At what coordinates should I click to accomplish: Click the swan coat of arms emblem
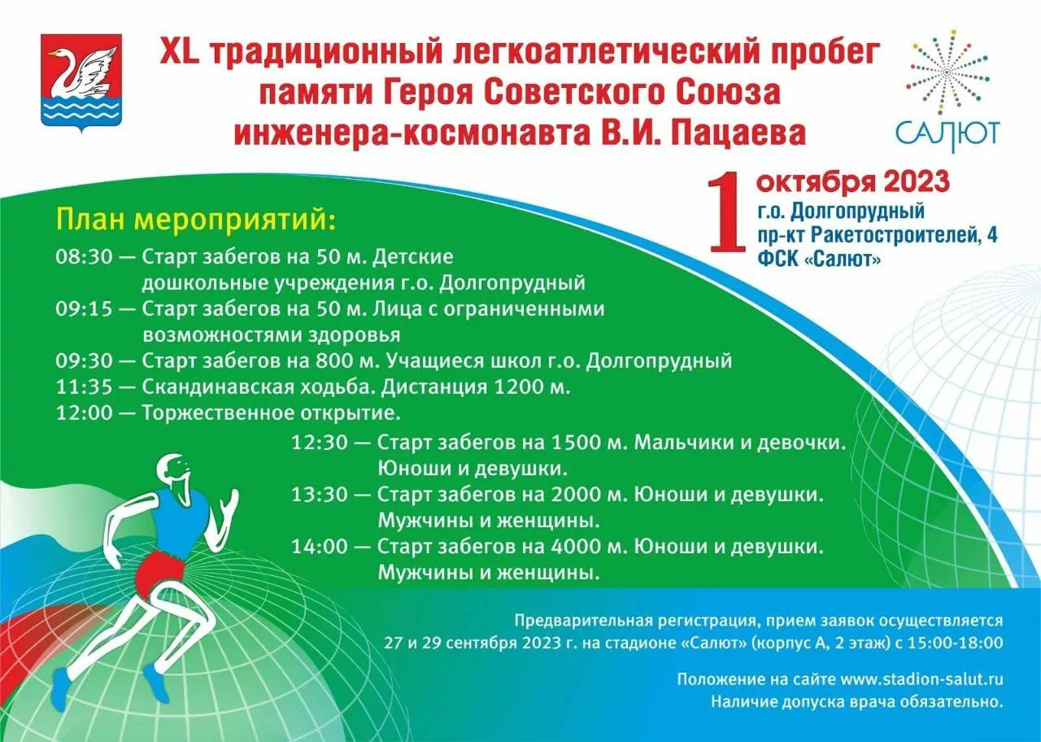tap(81, 80)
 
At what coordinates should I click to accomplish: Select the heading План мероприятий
tap(195, 220)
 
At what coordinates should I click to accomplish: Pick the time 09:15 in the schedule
tap(84, 309)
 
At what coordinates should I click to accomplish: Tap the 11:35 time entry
tap(84, 387)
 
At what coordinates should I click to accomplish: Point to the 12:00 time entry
tap(84, 413)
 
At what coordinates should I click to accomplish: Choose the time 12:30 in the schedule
tap(320, 443)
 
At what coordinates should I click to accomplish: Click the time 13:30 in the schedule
tap(320, 495)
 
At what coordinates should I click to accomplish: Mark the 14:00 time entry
tap(320, 547)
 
